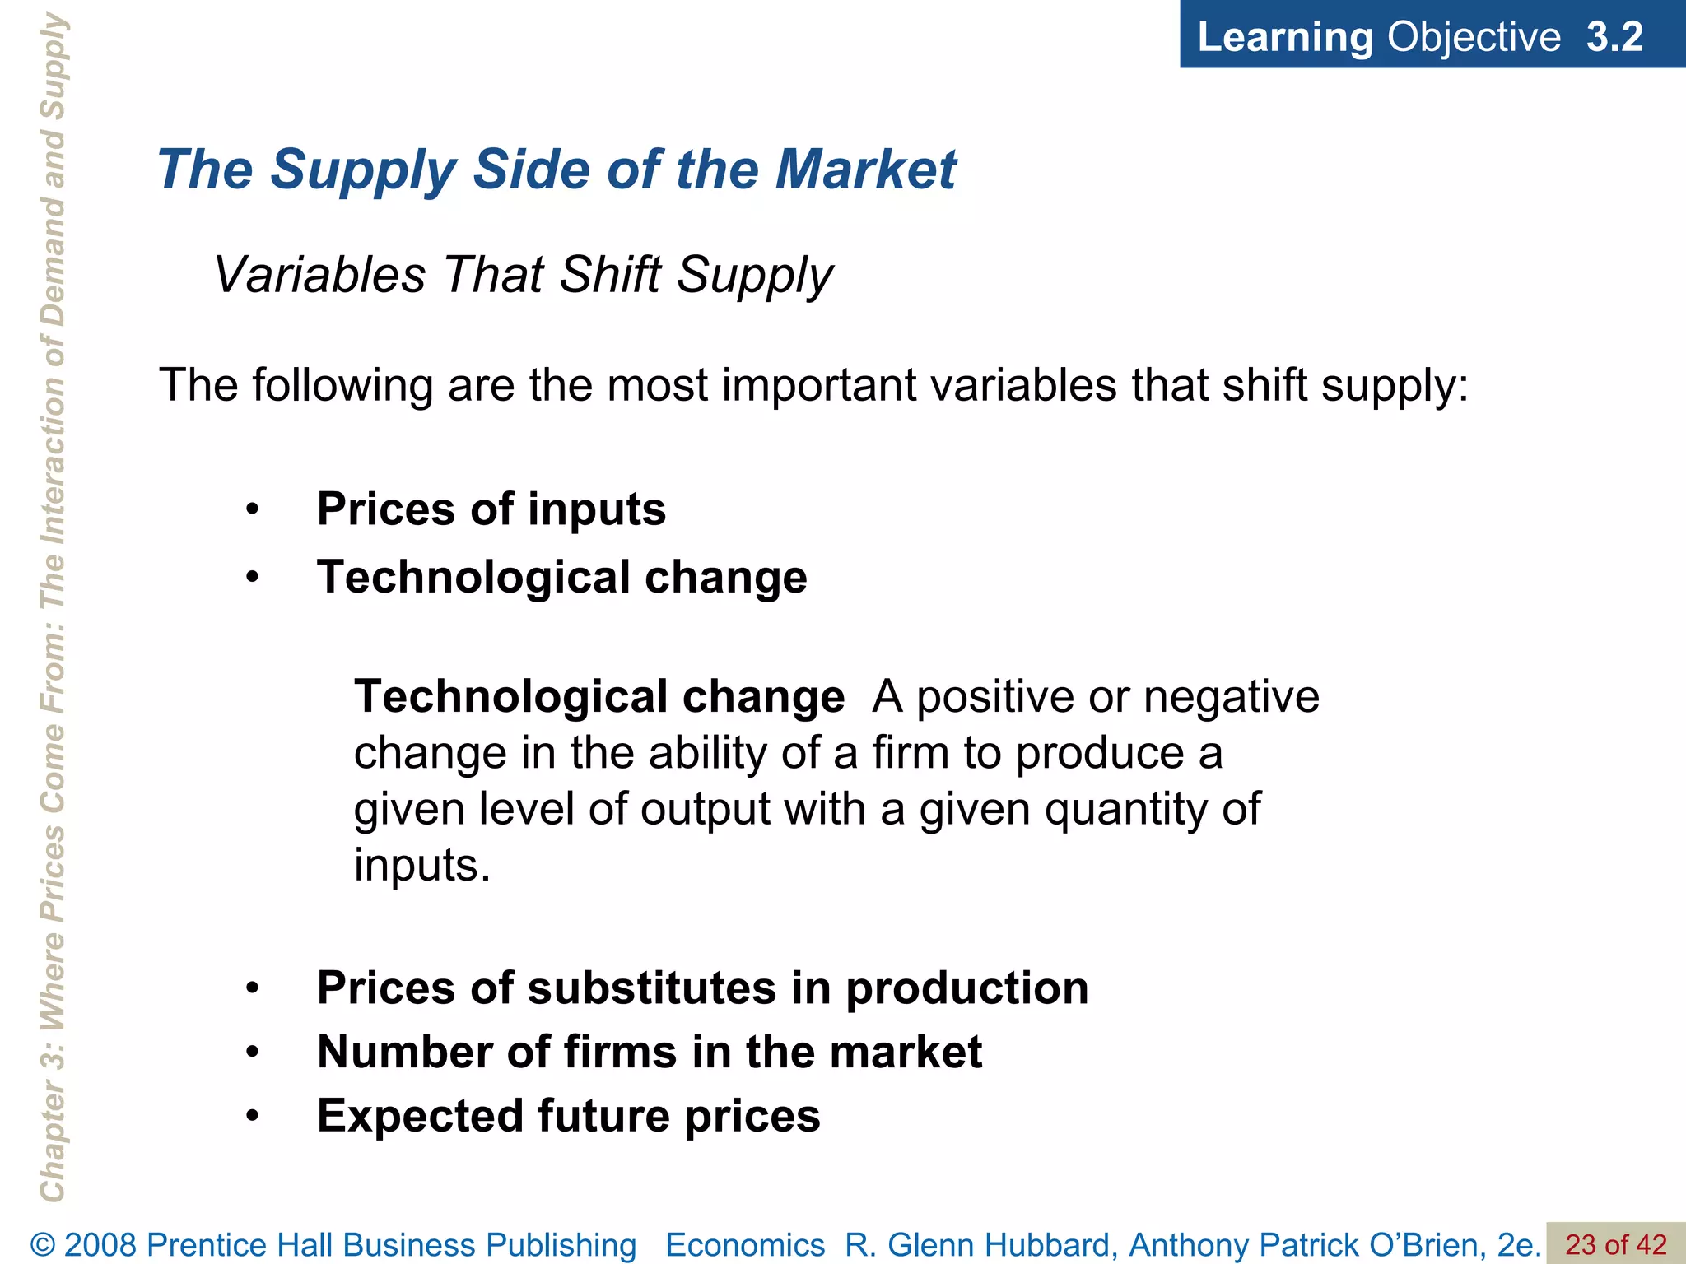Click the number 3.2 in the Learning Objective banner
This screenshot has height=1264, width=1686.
click(x=1614, y=37)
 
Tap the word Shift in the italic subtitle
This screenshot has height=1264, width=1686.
click(x=610, y=274)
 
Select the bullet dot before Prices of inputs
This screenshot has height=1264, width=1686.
click(x=253, y=510)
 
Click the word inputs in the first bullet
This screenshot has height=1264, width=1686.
click(x=596, y=509)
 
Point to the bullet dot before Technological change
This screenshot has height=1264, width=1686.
click(x=253, y=578)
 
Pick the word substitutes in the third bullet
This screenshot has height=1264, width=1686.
click(x=651, y=987)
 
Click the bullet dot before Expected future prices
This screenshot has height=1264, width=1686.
click(x=253, y=1117)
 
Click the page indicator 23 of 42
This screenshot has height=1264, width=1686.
click(x=1615, y=1244)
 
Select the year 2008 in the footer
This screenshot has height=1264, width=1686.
click(x=101, y=1245)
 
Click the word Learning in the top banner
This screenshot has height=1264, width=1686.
click(x=1284, y=37)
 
